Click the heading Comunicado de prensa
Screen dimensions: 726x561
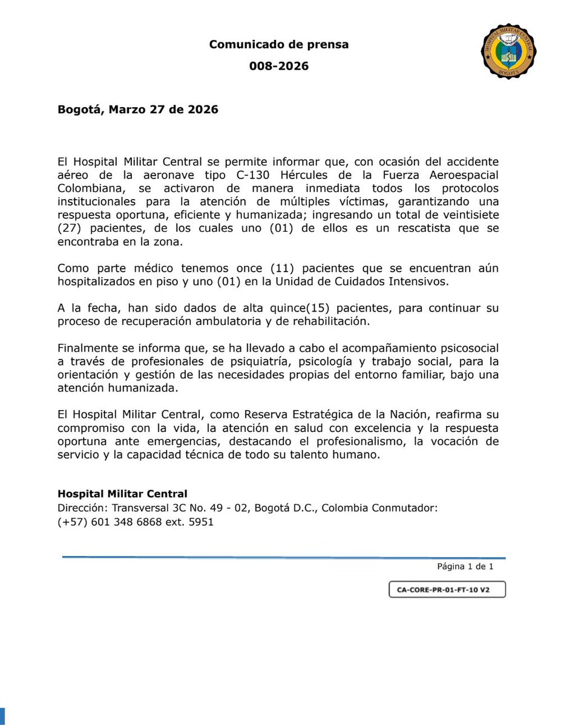pyautogui.click(x=279, y=44)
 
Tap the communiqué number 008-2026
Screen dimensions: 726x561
pyautogui.click(x=279, y=66)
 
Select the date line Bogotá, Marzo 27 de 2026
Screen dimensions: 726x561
pyautogui.click(x=138, y=110)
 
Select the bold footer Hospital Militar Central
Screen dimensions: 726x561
pyautogui.click(x=123, y=494)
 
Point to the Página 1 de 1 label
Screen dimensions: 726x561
pyautogui.click(x=465, y=567)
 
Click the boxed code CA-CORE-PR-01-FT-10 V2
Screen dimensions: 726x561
pyautogui.click(x=447, y=590)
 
